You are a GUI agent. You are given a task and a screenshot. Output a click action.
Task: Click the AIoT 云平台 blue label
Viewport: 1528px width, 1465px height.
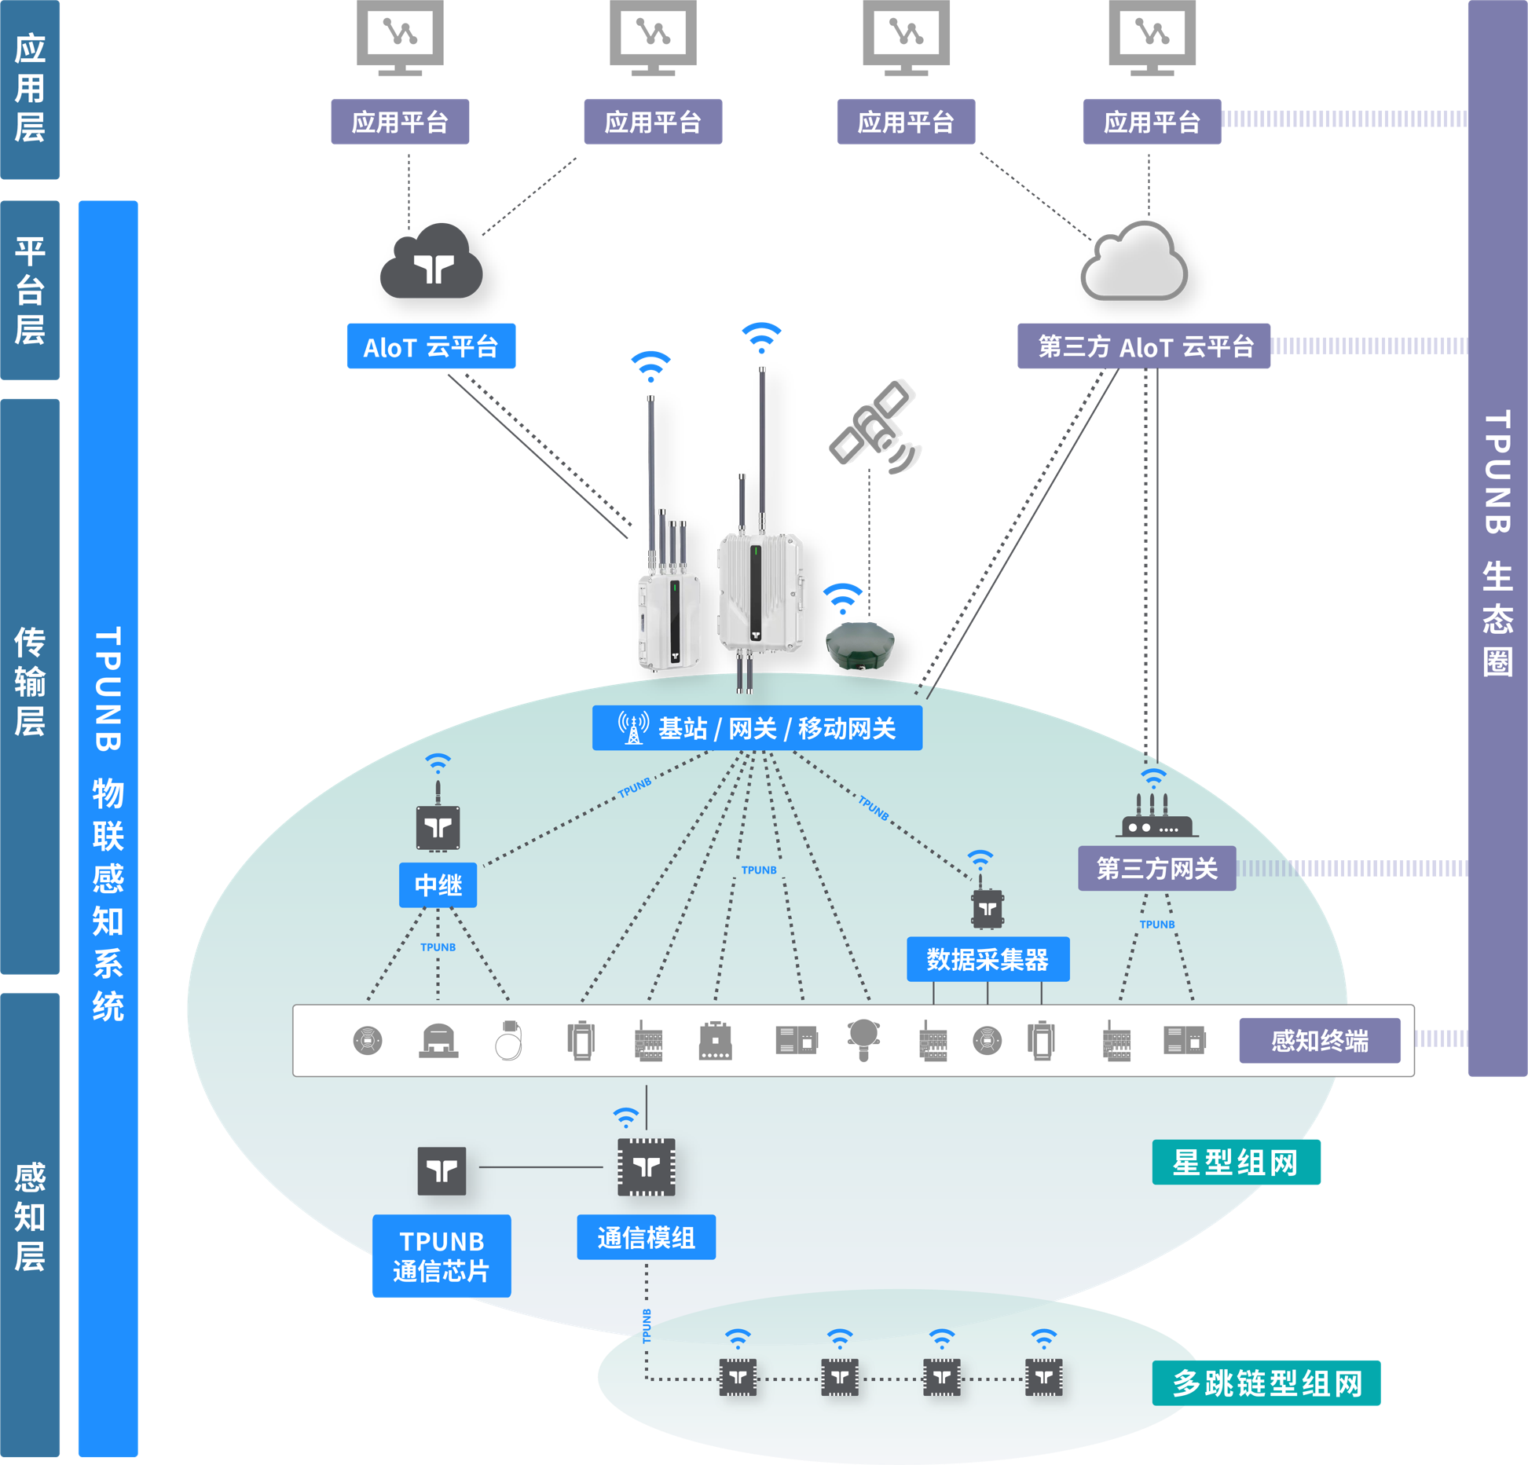point(431,346)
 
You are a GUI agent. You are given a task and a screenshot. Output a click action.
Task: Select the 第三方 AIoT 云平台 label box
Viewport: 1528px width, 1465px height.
point(1143,346)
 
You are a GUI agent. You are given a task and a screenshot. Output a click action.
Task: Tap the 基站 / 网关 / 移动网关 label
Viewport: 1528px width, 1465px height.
point(757,728)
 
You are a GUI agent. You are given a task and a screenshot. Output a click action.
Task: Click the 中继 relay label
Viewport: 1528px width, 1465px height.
point(438,885)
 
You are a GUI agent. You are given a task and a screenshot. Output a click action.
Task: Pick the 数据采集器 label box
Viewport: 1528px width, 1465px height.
point(988,959)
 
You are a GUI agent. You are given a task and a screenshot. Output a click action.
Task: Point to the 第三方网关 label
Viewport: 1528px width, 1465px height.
point(1156,868)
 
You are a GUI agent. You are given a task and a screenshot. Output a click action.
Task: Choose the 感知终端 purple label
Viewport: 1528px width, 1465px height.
point(1319,1041)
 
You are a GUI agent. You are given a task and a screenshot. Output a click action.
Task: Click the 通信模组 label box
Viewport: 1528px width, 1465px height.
point(646,1237)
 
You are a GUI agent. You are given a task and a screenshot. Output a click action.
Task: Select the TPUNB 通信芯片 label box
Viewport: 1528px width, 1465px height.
point(441,1256)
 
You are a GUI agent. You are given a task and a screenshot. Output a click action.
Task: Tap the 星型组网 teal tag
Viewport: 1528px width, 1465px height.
point(1236,1162)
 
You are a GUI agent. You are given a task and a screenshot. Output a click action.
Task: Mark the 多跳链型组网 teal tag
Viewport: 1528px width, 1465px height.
point(1266,1383)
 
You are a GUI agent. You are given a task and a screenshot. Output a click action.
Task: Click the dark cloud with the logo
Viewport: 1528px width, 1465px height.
point(431,263)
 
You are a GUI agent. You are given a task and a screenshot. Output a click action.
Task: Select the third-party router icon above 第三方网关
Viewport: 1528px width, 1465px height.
point(1156,818)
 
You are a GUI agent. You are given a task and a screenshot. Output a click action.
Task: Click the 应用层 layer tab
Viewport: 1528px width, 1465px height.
point(30,89)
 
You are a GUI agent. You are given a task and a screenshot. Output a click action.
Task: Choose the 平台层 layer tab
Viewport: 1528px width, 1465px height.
point(30,290)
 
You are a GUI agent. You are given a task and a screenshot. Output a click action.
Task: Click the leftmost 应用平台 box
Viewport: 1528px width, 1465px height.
point(400,122)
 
